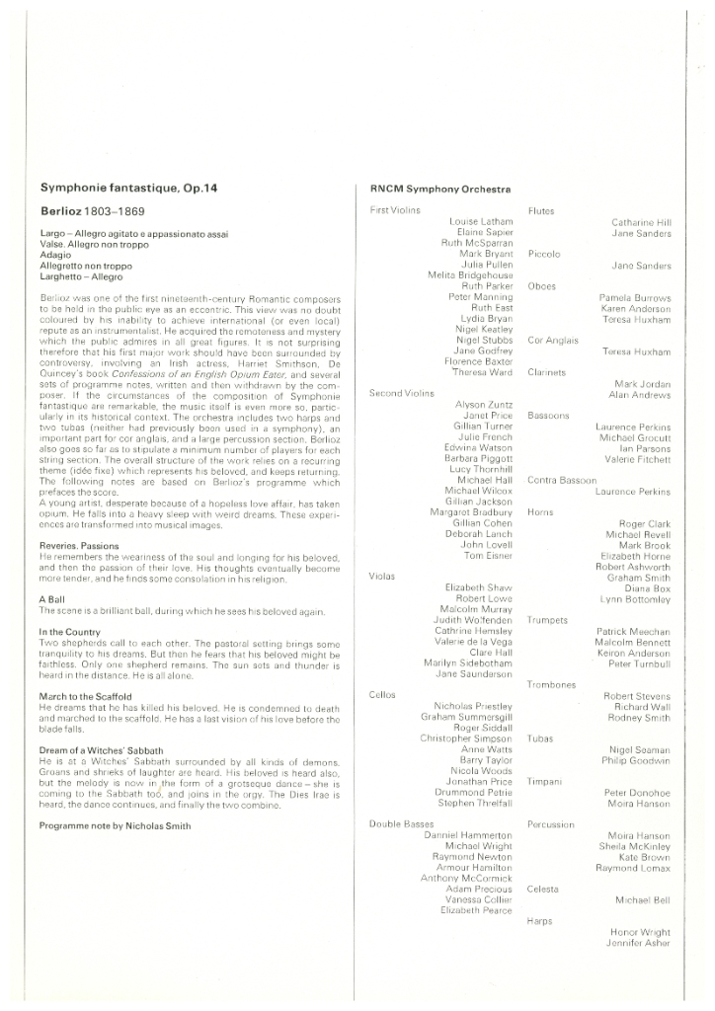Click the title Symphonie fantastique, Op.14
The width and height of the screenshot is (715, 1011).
tap(127, 188)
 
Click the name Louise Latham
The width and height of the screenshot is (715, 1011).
tap(481, 222)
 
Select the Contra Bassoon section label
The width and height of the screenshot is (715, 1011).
tap(562, 480)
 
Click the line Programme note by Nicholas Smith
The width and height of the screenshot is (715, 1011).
tap(116, 825)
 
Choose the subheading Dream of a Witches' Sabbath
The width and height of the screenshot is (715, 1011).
tap(101, 750)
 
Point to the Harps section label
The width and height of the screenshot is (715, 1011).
tap(540, 920)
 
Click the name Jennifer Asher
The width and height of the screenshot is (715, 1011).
tap(638, 943)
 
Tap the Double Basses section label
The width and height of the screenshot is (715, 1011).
tap(400, 823)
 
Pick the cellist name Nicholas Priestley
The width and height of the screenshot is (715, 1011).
tap(473, 706)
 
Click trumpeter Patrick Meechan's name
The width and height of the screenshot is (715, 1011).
tap(634, 631)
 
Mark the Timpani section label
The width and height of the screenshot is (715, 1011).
tap(544, 781)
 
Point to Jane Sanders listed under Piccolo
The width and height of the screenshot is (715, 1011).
tap(641, 266)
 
